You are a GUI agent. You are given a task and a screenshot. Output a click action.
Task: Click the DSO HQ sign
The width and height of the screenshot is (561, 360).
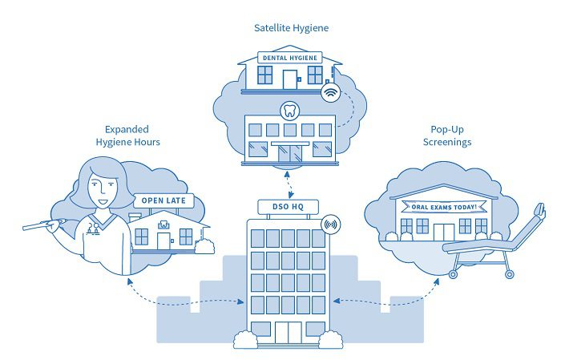287,207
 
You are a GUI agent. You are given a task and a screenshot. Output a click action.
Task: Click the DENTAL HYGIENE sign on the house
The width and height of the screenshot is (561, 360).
286,59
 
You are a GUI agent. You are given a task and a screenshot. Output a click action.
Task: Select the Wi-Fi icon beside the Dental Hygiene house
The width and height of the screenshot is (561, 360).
329,93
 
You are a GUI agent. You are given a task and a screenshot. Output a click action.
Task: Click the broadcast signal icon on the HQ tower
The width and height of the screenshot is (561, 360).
329,225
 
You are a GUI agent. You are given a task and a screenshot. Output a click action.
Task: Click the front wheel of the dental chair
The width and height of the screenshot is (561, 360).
454,273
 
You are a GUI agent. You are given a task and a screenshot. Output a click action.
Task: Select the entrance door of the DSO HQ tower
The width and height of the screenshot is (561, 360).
288,331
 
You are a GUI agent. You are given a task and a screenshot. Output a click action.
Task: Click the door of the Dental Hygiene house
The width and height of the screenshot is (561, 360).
289,79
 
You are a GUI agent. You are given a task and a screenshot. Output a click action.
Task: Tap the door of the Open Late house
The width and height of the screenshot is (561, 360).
163,240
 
